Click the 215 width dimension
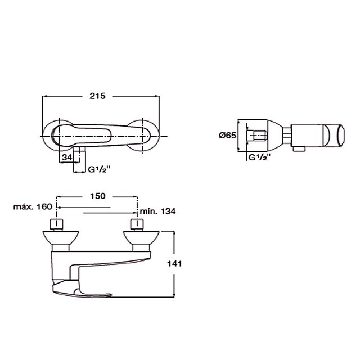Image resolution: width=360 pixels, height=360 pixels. (x=97, y=96)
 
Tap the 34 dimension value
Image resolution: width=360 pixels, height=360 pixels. (x=67, y=157)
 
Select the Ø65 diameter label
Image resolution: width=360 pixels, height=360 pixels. (x=227, y=135)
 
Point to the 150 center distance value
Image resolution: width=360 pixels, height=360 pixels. (x=97, y=196)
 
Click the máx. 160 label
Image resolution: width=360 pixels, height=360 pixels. (x=33, y=206)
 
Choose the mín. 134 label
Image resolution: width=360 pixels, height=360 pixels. (x=157, y=211)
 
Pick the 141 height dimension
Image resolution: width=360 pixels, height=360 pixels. (x=174, y=264)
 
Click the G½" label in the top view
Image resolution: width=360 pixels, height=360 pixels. (x=99, y=169)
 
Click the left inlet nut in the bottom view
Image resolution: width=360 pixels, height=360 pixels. (x=56, y=224)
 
